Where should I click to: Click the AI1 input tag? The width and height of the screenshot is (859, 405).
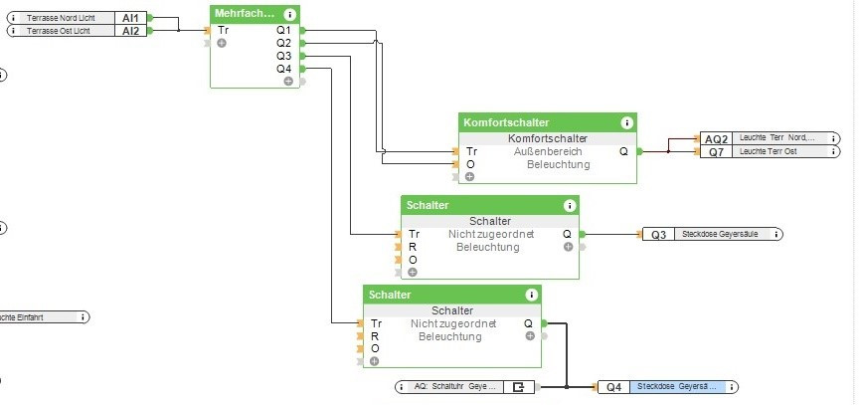click(x=131, y=18)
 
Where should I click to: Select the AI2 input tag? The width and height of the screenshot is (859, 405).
click(x=131, y=31)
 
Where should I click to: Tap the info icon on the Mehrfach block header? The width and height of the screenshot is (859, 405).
click(x=289, y=14)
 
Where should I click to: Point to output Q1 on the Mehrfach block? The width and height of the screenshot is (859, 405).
click(x=284, y=30)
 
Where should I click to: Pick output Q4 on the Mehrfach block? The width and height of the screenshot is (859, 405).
click(x=284, y=69)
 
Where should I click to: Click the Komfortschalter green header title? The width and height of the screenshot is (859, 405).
click(x=506, y=122)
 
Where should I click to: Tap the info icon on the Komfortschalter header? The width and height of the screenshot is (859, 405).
click(x=626, y=122)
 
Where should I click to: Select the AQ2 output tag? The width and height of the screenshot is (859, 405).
click(x=717, y=138)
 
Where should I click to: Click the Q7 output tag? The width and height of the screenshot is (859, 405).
click(x=717, y=151)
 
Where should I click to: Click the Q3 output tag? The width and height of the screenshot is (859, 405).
click(x=658, y=235)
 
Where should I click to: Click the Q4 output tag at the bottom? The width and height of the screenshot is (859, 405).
click(x=613, y=386)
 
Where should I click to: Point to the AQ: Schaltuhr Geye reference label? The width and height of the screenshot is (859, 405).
click(x=452, y=386)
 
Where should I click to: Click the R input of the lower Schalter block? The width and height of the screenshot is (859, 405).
click(x=375, y=336)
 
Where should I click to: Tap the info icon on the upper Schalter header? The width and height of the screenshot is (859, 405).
click(x=569, y=205)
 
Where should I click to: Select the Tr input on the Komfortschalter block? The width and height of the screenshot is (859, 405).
click(x=471, y=151)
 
